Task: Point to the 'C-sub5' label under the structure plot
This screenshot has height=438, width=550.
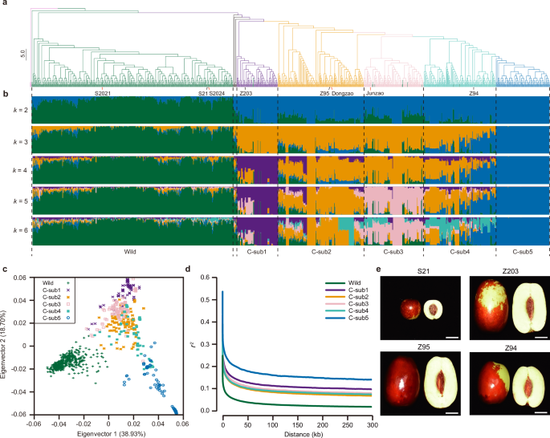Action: (522, 251)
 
